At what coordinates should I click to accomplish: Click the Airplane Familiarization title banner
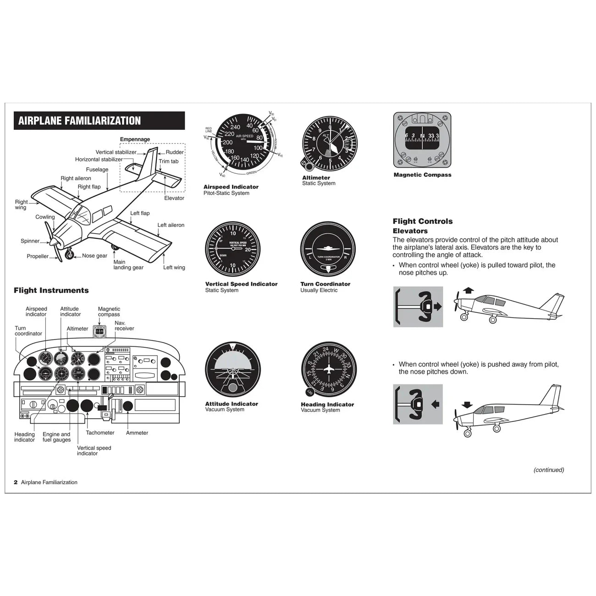99,121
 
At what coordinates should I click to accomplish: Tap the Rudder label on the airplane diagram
174,152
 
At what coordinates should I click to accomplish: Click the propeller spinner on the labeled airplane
54,241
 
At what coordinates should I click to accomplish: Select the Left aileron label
171,225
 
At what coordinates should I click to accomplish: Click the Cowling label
45,217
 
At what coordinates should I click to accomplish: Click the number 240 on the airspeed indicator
235,127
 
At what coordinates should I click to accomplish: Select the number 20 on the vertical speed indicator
248,249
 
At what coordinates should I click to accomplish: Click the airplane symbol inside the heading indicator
329,370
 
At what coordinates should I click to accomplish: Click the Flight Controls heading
422,221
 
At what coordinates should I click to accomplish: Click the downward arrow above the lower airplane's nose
467,404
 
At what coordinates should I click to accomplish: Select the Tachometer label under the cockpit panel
100,433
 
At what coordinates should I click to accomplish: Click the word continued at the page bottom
548,470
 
